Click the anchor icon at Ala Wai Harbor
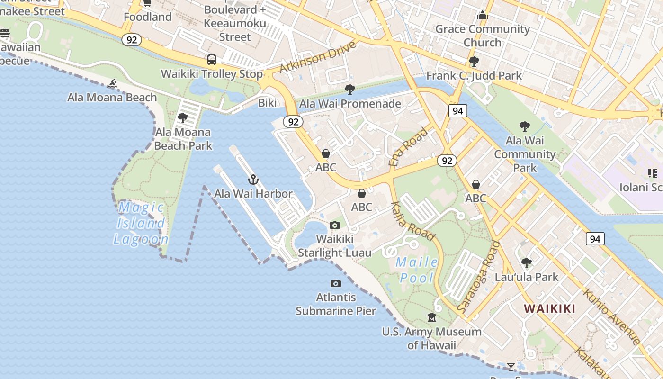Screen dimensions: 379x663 [x=253, y=180]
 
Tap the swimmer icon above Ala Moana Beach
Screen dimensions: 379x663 [x=112, y=84]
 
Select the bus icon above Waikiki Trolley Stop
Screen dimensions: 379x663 [x=212, y=60]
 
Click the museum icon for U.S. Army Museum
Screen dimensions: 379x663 [x=432, y=318]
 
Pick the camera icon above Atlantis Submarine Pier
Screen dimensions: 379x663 [x=336, y=283]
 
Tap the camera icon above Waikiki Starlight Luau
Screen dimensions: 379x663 [x=335, y=225]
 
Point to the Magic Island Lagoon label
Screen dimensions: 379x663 [x=141, y=223]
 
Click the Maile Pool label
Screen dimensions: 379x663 [x=417, y=270]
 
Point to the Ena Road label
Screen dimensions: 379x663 [x=408, y=146]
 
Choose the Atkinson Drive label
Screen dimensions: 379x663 [x=317, y=57]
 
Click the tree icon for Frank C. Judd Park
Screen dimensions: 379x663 [x=474, y=62]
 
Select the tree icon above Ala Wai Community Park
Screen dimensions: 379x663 [x=524, y=126]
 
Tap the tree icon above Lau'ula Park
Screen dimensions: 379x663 [x=526, y=262]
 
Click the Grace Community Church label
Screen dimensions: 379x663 [x=482, y=36]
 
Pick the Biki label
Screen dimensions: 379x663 [x=267, y=103]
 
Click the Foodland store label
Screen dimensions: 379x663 [x=147, y=17]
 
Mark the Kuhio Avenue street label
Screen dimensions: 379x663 [x=612, y=316]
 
